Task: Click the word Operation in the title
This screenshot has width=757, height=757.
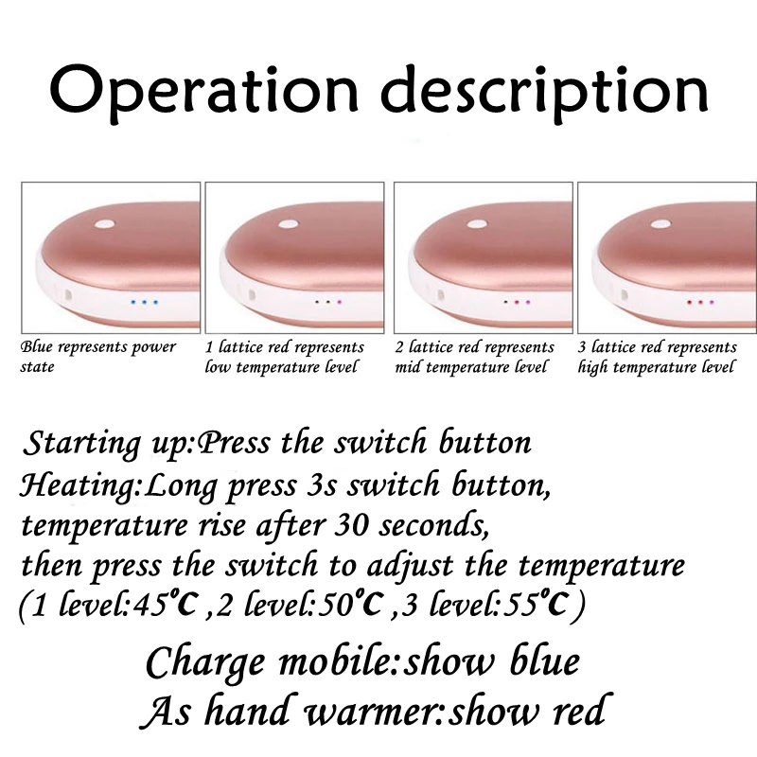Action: click(203, 93)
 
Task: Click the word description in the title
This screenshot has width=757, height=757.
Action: click(544, 93)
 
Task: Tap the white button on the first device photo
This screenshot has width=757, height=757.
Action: click(105, 224)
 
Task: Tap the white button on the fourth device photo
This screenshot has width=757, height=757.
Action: click(660, 224)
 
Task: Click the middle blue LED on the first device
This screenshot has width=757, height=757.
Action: click(145, 302)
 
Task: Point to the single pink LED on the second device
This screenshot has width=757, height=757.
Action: click(339, 302)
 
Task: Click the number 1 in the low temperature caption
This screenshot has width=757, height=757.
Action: click(209, 347)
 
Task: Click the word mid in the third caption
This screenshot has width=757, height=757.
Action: click(409, 367)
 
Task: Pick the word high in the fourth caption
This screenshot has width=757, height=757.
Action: click(592, 368)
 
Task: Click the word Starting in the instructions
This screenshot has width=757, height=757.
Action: click(81, 444)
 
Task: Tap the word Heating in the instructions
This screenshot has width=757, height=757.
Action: click(79, 486)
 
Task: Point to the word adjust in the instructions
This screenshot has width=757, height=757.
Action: click(410, 566)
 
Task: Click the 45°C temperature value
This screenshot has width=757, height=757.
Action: click(167, 605)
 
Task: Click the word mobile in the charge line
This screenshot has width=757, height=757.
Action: click(338, 661)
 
